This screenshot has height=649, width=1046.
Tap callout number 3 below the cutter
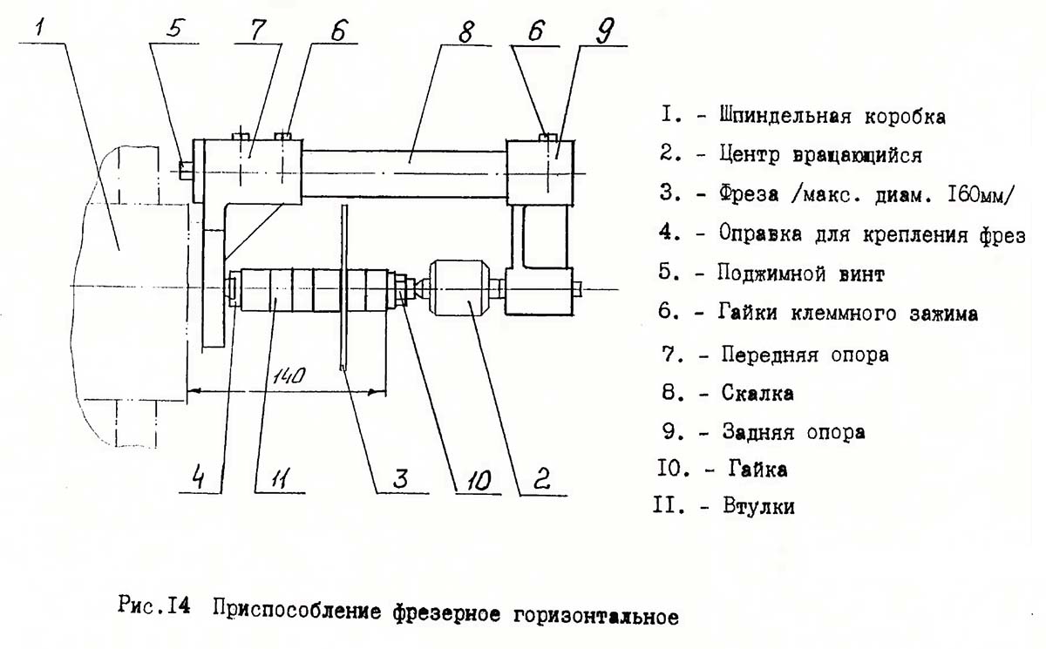click(400, 478)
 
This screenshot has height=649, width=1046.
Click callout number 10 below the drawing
click(476, 478)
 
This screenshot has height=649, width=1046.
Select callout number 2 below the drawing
click(541, 477)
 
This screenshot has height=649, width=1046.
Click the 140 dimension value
click(289, 377)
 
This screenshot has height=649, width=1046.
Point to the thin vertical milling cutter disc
click(345, 287)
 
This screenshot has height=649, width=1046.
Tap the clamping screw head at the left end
click(185, 169)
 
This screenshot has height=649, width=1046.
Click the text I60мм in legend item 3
click(975, 194)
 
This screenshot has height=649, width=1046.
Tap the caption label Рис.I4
click(152, 608)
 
